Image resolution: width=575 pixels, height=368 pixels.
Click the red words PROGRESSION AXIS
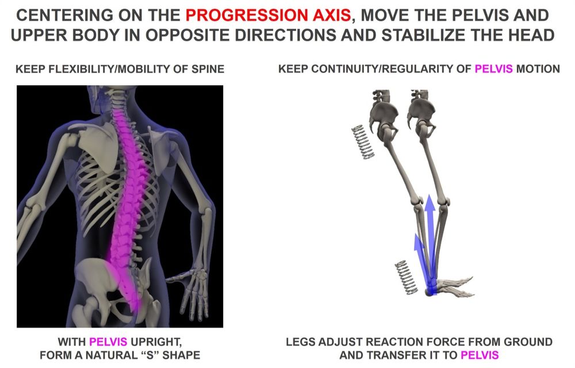(268, 15)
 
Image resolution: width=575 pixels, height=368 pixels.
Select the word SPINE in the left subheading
(208, 69)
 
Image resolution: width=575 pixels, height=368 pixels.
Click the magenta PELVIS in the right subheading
(493, 68)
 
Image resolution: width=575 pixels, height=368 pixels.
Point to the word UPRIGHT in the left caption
(156, 342)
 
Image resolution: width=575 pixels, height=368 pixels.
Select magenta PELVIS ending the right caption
(480, 355)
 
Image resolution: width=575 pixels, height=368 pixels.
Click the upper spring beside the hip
(363, 142)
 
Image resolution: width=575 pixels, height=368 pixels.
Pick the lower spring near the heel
(406, 278)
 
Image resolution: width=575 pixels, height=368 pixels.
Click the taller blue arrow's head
(430, 204)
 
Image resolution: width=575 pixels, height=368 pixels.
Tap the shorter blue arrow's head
(417, 242)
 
